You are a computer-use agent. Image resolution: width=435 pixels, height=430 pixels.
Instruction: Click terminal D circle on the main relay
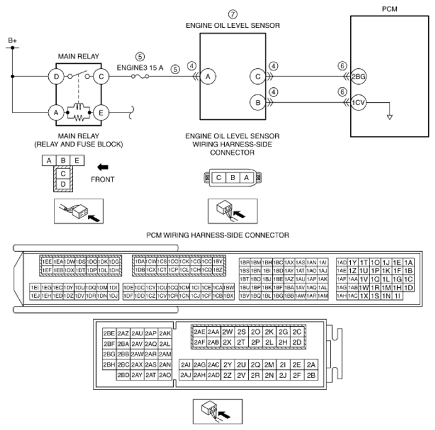click(x=57, y=77)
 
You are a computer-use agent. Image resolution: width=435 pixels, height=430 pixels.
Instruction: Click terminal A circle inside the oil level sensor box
click(x=209, y=77)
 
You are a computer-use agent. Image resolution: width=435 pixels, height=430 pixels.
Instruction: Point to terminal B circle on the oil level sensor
click(x=256, y=101)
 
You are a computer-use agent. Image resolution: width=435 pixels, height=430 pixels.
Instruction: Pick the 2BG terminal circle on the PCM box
click(x=358, y=77)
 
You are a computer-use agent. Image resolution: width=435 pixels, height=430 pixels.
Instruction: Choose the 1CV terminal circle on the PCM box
click(x=358, y=101)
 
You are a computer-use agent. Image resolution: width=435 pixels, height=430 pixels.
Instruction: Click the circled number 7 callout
click(x=233, y=14)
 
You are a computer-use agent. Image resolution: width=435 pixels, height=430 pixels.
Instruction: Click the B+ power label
click(x=12, y=41)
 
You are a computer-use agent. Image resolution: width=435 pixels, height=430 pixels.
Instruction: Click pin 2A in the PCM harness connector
click(x=311, y=364)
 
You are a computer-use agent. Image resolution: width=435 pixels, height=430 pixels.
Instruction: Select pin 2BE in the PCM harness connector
click(x=109, y=333)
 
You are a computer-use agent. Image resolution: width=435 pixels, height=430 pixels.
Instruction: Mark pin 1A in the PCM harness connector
click(x=408, y=262)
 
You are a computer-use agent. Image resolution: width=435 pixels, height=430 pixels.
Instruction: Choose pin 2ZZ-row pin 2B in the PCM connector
click(x=311, y=375)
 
